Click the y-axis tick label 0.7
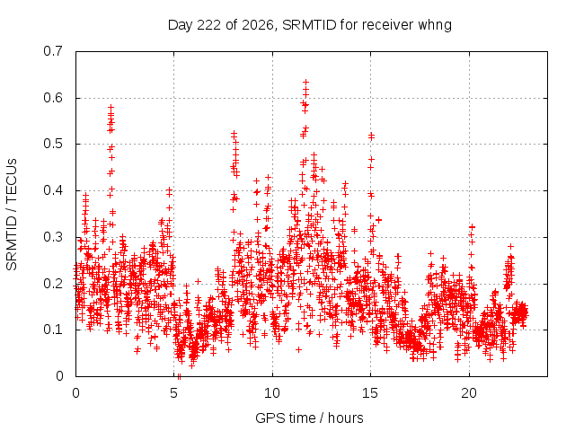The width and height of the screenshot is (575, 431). [53, 51]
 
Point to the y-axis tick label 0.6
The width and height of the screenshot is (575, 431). [53, 98]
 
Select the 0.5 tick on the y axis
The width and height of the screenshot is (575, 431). [53, 144]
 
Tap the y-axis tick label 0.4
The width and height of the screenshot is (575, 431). [53, 190]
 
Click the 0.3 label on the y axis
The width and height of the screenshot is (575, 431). [53, 237]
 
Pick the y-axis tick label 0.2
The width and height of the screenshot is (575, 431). [53, 284]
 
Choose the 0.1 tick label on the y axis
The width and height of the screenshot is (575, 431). [53, 330]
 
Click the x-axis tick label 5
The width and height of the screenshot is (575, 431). [173, 393]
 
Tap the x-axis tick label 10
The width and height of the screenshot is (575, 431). [271, 393]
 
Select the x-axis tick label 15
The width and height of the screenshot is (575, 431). [370, 393]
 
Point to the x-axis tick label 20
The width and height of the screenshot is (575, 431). [469, 393]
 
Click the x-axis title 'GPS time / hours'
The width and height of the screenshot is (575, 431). [309, 418]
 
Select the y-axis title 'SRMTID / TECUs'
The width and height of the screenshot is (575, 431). [12, 215]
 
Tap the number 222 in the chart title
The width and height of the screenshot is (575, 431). [209, 25]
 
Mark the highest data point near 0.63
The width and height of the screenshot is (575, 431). [305, 82]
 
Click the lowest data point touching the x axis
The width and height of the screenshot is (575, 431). [179, 376]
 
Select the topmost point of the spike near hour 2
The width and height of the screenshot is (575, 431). [111, 108]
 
